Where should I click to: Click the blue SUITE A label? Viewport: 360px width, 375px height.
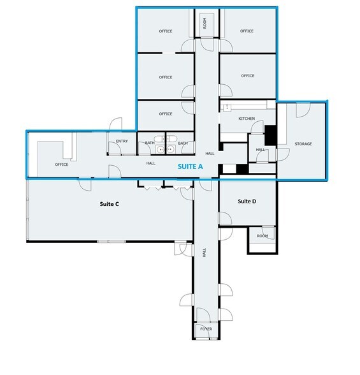pos(190,167)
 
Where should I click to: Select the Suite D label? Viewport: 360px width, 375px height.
pos(247,202)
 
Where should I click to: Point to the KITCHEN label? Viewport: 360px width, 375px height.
pos(247,119)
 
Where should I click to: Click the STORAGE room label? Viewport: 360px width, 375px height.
pos(303,144)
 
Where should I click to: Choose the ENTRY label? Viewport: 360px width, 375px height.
pos(122,142)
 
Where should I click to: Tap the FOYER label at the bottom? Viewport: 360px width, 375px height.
pos(206,329)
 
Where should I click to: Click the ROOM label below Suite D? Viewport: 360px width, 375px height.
pos(263,235)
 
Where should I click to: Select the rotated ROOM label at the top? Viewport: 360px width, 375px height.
pos(205,24)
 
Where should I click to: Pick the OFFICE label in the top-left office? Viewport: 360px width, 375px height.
pos(166,31)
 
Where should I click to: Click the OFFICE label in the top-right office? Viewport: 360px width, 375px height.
pos(247,31)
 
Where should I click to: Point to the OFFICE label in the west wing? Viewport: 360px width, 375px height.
pos(62,165)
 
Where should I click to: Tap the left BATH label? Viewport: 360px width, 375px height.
pos(150,143)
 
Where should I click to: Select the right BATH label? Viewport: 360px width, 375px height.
pos(183,143)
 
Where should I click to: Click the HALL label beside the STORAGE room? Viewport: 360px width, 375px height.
pos(261,150)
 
